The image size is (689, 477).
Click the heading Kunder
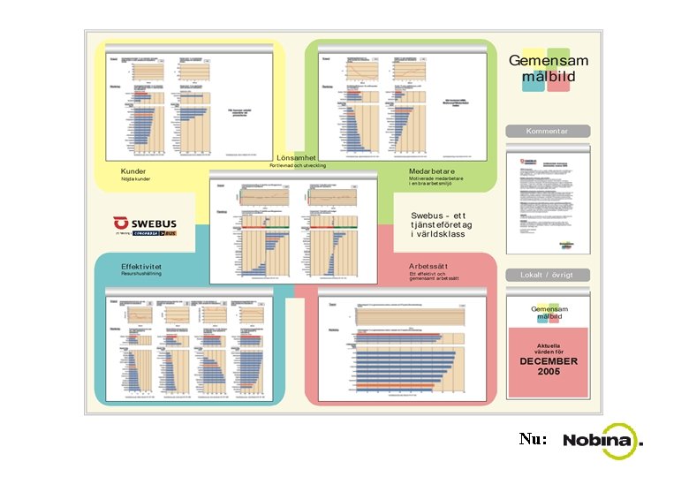(133, 170)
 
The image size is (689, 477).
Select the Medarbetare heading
(432, 170)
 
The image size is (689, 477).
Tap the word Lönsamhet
(296, 157)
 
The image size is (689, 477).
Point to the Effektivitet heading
(142, 266)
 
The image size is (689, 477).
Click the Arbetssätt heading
(429, 266)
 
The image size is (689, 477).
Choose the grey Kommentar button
(547, 131)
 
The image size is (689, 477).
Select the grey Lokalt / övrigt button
(547, 275)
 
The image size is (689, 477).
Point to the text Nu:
(533, 439)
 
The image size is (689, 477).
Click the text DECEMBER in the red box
(548, 361)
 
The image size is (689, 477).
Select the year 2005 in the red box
(548, 372)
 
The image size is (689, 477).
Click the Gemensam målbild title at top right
(548, 68)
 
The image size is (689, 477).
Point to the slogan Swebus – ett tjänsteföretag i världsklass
(438, 224)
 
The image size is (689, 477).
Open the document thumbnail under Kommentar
(547, 202)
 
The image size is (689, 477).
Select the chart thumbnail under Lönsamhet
(293, 227)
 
